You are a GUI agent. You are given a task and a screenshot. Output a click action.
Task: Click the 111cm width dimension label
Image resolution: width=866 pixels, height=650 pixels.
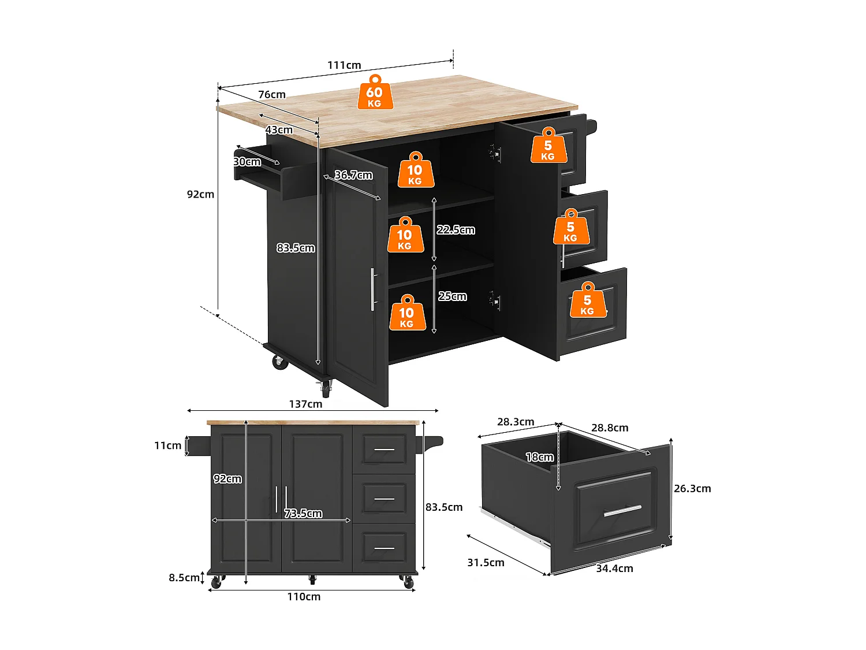pyautogui.click(x=344, y=65)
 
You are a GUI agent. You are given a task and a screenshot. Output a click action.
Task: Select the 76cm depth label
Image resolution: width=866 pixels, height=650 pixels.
pyautogui.click(x=272, y=95)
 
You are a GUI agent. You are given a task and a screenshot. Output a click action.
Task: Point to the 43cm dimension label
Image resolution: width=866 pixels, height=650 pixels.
pyautogui.click(x=279, y=130)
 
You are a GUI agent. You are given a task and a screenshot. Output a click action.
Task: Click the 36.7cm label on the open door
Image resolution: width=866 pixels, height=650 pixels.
pyautogui.click(x=353, y=175)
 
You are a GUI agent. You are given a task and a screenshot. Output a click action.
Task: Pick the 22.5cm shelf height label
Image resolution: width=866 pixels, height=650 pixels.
pyautogui.click(x=456, y=230)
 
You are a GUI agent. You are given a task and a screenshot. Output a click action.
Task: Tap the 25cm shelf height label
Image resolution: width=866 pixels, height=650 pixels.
pyautogui.click(x=452, y=296)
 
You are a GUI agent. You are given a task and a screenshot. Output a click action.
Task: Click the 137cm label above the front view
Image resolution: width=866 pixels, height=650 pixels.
pyautogui.click(x=305, y=404)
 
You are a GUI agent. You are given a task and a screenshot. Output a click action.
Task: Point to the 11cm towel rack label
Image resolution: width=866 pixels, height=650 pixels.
pyautogui.click(x=167, y=445)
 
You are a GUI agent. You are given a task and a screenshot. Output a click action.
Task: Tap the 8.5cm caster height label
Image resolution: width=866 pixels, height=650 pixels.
pyautogui.click(x=184, y=578)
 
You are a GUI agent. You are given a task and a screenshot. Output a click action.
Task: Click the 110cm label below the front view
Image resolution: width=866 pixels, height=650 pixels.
pyautogui.click(x=304, y=597)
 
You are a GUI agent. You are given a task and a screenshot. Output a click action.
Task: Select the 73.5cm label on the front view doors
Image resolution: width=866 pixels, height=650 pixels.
pyautogui.click(x=303, y=514)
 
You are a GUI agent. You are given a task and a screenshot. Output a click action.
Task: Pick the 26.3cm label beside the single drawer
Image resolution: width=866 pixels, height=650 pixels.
pyautogui.click(x=692, y=489)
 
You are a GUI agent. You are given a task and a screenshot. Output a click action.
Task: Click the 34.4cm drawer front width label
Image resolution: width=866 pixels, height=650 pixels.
pyautogui.click(x=614, y=569)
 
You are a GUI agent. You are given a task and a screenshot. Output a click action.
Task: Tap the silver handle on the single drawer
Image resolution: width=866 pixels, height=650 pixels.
pyautogui.click(x=622, y=511)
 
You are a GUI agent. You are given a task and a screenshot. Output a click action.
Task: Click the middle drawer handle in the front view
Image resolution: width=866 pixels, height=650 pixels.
pyautogui.click(x=384, y=498)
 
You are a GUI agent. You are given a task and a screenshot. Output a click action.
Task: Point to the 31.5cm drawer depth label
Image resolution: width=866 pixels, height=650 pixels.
pyautogui.click(x=486, y=563)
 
